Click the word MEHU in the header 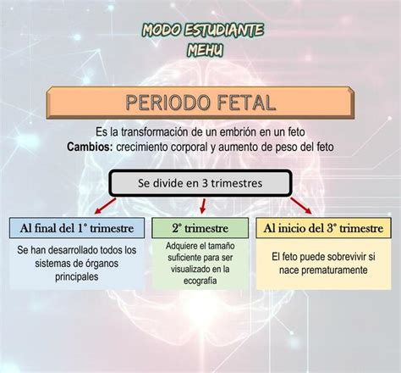tap(205, 50)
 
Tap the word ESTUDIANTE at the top tap(224, 30)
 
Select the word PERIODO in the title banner tap(168, 103)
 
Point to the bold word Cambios tap(90, 147)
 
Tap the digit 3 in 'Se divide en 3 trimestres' tap(205, 183)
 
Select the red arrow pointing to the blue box tap(106, 206)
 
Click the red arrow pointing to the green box tap(203, 206)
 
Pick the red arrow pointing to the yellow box tap(301, 206)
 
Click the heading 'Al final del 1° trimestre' tap(77, 228)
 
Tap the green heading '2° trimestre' tap(200, 228)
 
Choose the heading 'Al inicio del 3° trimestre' tap(323, 228)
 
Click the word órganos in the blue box tap(102, 264)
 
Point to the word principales tap(77, 276)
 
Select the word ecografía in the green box tap(200, 281)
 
